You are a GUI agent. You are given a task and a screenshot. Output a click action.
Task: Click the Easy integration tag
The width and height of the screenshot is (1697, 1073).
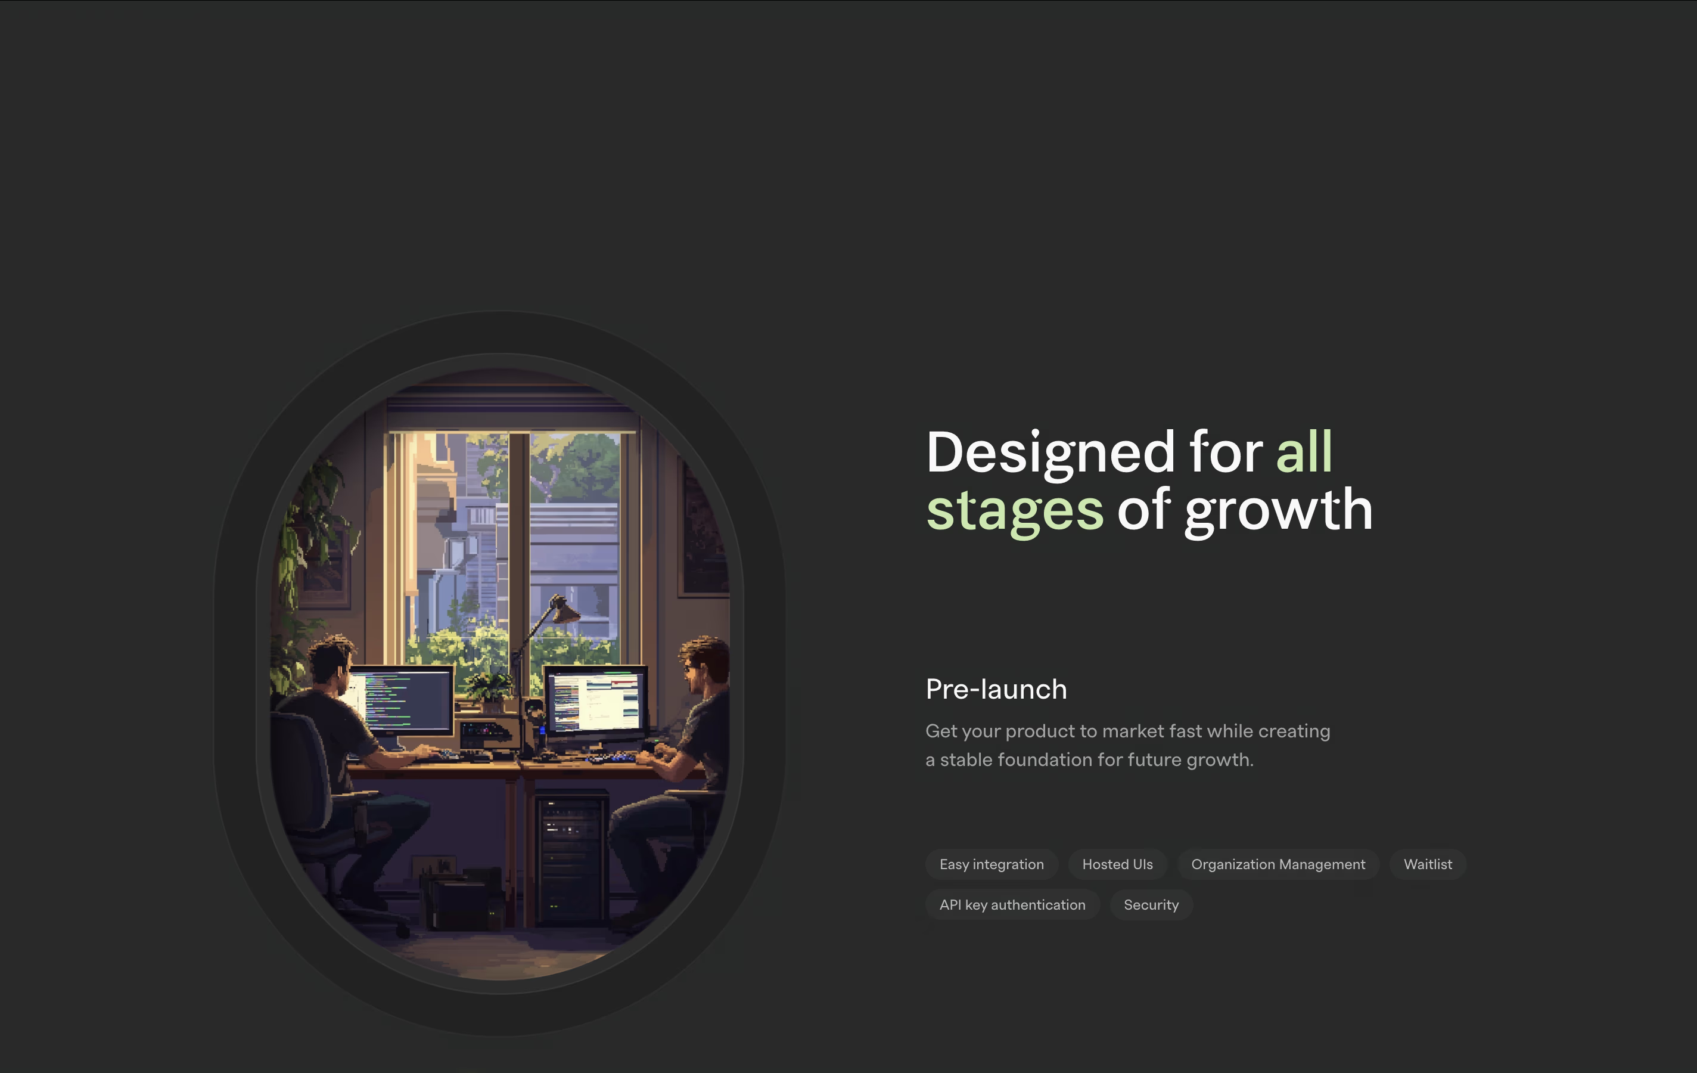992,864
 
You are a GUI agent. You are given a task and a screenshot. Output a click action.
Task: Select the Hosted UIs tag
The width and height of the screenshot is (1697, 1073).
1118,864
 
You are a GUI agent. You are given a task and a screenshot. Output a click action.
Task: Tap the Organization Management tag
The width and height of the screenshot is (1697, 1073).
1278,864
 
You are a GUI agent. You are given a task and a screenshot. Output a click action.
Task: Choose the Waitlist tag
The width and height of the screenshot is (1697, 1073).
1428,864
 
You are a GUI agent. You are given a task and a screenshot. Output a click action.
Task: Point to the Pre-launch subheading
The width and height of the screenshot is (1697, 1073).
996,689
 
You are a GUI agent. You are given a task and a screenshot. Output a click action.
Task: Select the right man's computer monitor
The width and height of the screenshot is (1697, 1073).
596,701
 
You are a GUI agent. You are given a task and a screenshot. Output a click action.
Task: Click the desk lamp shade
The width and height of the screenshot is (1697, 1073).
564,610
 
